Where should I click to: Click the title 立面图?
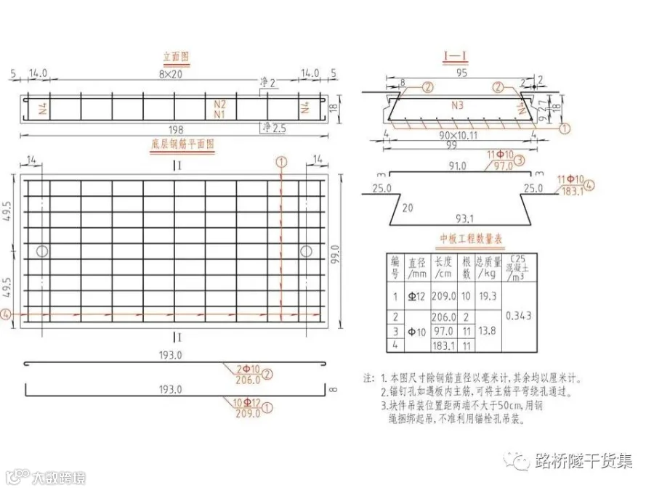177,56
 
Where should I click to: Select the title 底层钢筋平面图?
182,144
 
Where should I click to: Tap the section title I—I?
456,56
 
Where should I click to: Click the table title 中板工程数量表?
472,238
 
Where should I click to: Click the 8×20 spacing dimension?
172,74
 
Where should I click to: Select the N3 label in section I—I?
457,105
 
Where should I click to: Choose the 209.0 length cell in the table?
443,296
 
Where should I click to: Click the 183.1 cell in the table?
443,346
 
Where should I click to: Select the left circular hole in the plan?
43,251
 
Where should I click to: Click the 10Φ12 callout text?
246,402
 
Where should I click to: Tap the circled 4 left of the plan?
7,314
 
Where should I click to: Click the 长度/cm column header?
443,266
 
